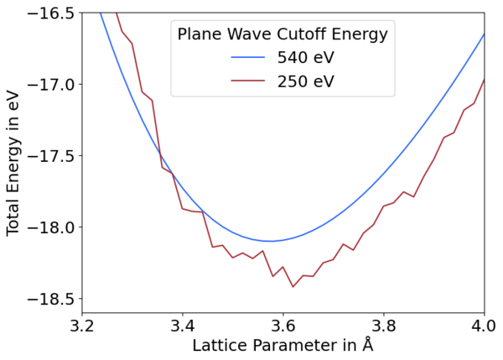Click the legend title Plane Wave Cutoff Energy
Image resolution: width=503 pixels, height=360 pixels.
tap(283, 34)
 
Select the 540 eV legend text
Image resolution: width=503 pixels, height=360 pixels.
tap(304, 58)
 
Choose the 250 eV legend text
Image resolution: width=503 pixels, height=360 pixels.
tap(304, 81)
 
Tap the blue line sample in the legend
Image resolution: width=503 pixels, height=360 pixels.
tap(249, 58)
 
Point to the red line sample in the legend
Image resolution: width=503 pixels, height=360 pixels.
tap(249, 81)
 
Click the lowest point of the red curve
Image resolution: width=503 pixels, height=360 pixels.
tap(293, 287)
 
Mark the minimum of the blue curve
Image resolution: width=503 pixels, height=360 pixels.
tap(273, 241)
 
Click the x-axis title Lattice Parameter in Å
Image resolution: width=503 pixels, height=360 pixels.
tap(283, 345)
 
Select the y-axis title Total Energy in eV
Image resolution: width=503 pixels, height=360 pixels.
tap(13, 163)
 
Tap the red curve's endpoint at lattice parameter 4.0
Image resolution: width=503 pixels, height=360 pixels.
tap(484, 80)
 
